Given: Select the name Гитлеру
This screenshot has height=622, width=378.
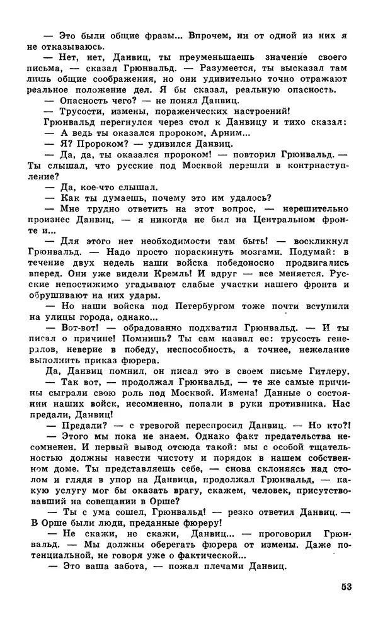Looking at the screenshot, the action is click(327, 372).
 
